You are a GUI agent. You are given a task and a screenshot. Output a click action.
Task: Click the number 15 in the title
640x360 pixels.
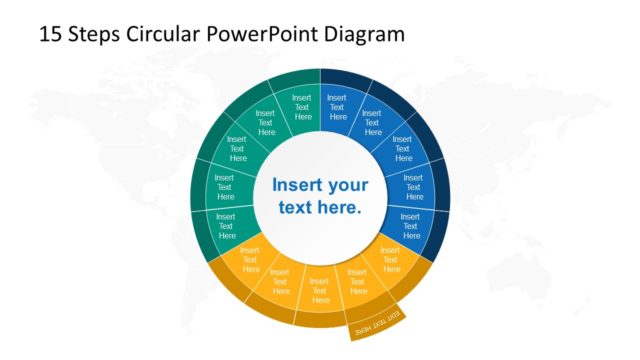[51, 34]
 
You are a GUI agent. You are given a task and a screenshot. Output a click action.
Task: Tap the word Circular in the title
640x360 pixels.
[164, 34]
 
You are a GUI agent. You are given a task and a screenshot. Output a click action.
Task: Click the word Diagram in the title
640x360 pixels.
[365, 34]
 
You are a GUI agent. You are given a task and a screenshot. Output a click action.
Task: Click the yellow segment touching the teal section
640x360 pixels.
[250, 261]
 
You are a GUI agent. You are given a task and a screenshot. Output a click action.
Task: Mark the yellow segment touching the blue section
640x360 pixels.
[390, 260]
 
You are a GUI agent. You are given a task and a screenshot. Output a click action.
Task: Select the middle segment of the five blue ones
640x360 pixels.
[402, 149]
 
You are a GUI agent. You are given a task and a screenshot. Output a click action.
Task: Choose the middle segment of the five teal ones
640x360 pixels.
[237, 149]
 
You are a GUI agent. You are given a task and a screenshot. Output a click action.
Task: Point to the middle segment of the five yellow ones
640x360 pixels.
[320, 286]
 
